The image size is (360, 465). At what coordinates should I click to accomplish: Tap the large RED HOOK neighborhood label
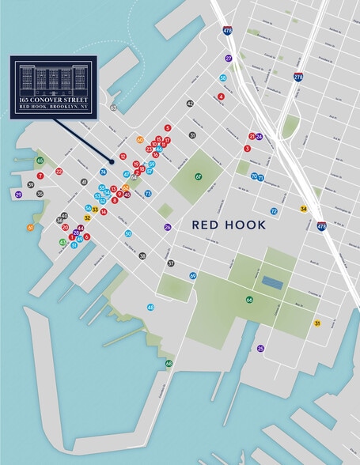pos(229,225)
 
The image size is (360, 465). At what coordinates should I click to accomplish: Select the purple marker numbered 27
pos(229,59)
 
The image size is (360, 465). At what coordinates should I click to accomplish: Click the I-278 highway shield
pos(298,77)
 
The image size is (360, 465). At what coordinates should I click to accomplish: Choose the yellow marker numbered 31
pos(317,323)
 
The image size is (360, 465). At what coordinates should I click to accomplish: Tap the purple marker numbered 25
pos(260,348)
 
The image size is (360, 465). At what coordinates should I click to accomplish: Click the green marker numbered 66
pos(249,300)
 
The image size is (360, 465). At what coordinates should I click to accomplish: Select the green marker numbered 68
pos(169,364)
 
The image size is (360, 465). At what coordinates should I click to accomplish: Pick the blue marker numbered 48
pos(150,307)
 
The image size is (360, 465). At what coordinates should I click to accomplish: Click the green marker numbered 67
pos(199,177)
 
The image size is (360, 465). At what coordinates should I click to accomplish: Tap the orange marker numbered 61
pos(31,228)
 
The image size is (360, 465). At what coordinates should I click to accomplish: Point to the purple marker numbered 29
pos(18,194)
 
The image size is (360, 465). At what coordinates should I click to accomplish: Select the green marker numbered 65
pos(40,161)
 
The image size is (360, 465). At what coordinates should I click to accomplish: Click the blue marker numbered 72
pos(274,211)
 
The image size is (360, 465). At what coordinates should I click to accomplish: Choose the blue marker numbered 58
pos(223,77)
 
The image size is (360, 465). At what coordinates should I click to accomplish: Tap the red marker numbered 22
pos(59,172)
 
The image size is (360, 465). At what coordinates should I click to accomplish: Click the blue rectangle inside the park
pos(272,282)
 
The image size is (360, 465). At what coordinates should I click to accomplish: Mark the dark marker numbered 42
pos(190,104)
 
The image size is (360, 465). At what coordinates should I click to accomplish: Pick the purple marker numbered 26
pos(168,227)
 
